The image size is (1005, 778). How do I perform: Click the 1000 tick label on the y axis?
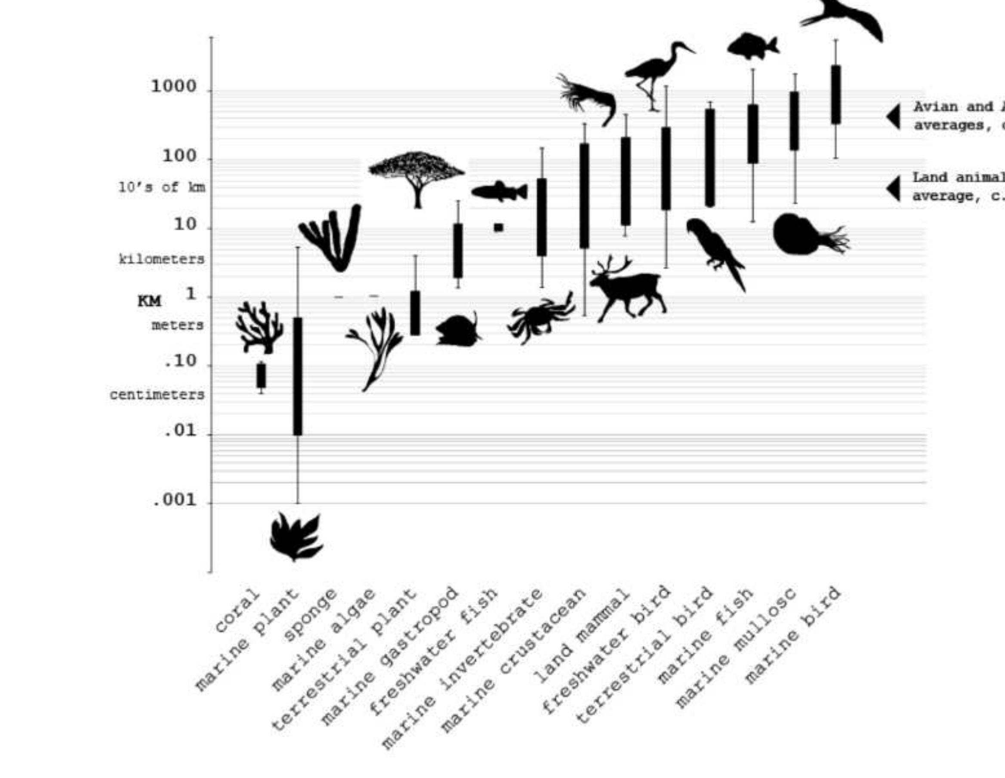pyautogui.click(x=173, y=87)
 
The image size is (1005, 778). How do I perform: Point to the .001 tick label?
pyautogui.click(x=174, y=500)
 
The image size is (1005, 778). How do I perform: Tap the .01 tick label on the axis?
pyautogui.click(x=180, y=431)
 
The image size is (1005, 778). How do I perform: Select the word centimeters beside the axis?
pyautogui.click(x=157, y=395)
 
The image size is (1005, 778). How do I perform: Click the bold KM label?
pyautogui.click(x=150, y=301)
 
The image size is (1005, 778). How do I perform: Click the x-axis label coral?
pyautogui.click(x=237, y=611)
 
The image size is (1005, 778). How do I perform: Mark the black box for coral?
pyautogui.click(x=261, y=375)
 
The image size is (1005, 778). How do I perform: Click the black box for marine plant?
pyautogui.click(x=298, y=375)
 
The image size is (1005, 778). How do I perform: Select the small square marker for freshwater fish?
pyautogui.click(x=498, y=228)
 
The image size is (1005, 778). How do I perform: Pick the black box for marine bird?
pyautogui.click(x=835, y=94)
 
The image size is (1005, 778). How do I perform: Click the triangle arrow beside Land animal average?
pyautogui.click(x=894, y=189)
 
